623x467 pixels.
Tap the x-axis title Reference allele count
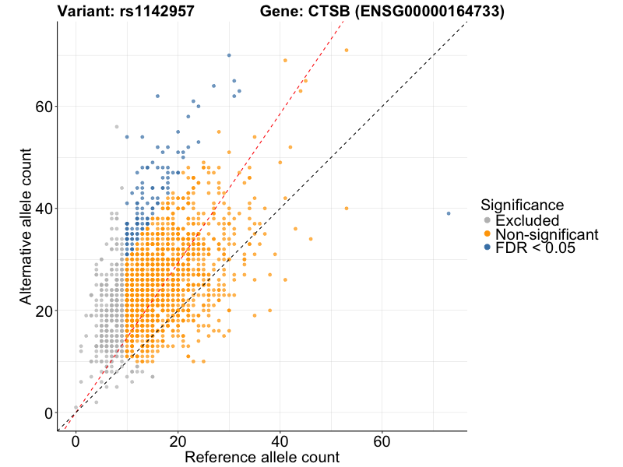(x=262, y=457)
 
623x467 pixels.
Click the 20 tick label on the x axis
(x=178, y=441)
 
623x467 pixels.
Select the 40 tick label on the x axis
(x=280, y=441)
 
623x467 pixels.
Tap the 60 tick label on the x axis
(x=382, y=441)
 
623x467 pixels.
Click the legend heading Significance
(x=522, y=205)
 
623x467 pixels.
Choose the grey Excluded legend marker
(x=487, y=220)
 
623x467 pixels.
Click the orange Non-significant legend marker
(x=487, y=234)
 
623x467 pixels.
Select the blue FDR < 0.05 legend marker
(x=487, y=248)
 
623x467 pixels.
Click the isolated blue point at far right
(x=449, y=213)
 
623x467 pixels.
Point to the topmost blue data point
(x=229, y=55)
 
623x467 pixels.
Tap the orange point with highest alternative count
(x=347, y=51)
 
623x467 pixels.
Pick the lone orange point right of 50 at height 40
(x=347, y=209)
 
